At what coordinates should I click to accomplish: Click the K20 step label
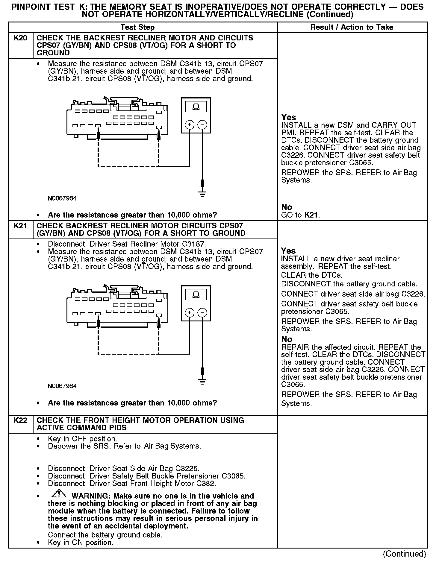pyautogui.click(x=20, y=38)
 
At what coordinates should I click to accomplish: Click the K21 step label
pyautogui.click(x=20, y=226)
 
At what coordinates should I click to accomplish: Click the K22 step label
pyautogui.click(x=20, y=420)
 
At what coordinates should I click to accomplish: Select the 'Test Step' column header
pyautogui.click(x=137, y=27)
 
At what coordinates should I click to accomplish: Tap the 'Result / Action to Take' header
pyautogui.click(x=352, y=27)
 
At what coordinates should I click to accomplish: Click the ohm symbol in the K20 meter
pyautogui.click(x=196, y=107)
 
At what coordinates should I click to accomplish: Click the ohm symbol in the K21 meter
pyautogui.click(x=196, y=295)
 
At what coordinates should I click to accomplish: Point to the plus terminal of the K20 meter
pyautogui.click(x=189, y=124)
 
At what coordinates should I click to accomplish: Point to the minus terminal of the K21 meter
pyautogui.click(x=203, y=313)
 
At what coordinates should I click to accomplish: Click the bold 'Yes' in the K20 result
pyautogui.click(x=289, y=117)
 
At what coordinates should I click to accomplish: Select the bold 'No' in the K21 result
pyautogui.click(x=287, y=339)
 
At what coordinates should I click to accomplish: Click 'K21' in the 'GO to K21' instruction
pyautogui.click(x=312, y=215)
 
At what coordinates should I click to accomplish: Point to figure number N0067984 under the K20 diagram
pyautogui.click(x=62, y=198)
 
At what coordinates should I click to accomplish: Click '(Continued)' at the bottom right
pyautogui.click(x=404, y=554)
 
